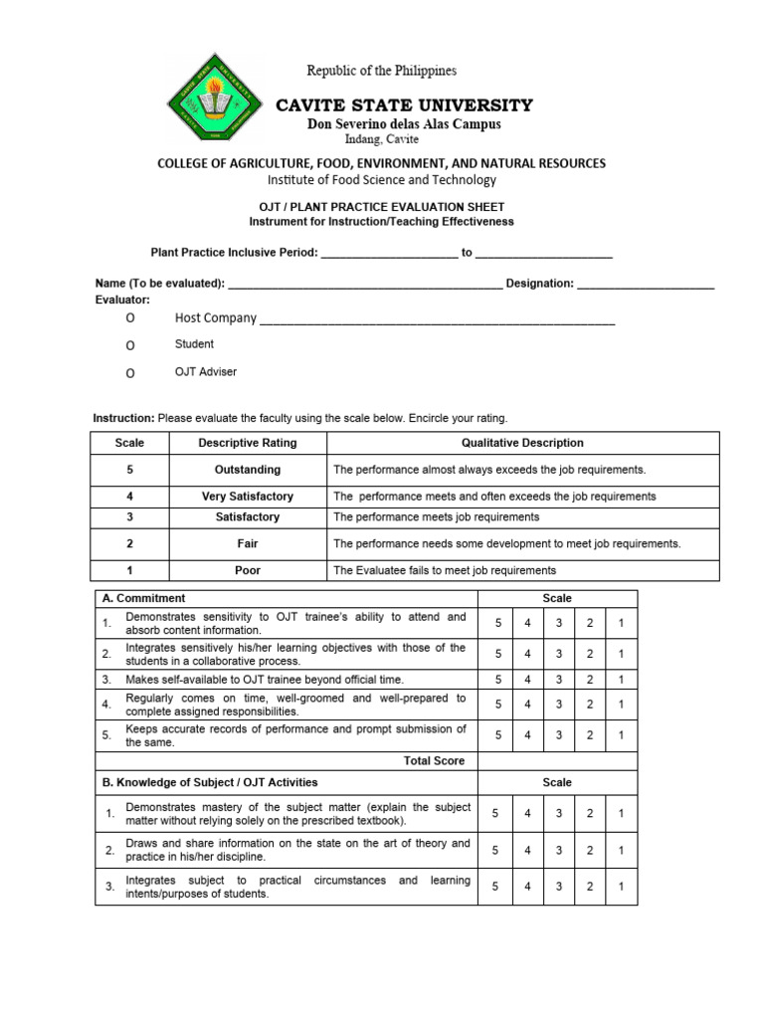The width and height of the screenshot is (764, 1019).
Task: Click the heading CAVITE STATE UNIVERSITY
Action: tap(404, 105)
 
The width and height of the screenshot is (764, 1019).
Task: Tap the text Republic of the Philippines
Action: tap(381, 71)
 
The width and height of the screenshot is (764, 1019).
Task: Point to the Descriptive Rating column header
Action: tap(248, 443)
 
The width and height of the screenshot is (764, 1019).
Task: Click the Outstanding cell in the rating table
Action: tap(248, 470)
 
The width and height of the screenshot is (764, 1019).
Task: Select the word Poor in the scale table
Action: tap(248, 570)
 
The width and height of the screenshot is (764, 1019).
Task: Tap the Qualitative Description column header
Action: tap(522, 443)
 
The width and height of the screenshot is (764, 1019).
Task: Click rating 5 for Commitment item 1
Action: tap(496, 624)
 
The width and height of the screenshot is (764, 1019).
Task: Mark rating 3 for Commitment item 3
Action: tap(559, 679)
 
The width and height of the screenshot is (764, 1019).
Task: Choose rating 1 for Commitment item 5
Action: tap(621, 735)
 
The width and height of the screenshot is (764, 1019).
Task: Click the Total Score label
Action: tap(435, 760)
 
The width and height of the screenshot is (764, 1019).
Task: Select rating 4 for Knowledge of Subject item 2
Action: tap(527, 850)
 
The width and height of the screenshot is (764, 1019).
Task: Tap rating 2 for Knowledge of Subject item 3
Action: tap(590, 887)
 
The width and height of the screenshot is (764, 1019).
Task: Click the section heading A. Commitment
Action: tap(144, 598)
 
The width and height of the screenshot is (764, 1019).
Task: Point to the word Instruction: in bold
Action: tap(123, 418)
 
